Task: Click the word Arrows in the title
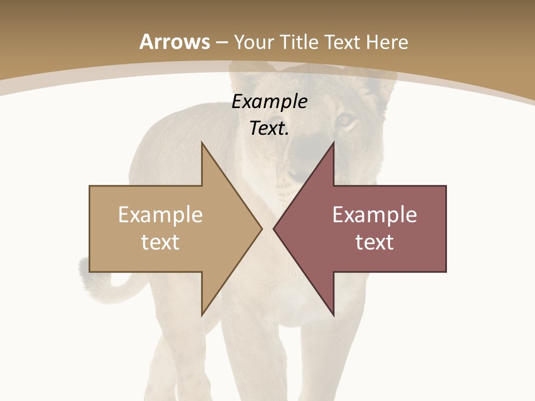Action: pyautogui.click(x=175, y=42)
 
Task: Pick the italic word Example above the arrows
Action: pyautogui.click(x=269, y=102)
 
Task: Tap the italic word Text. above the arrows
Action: pyautogui.click(x=269, y=129)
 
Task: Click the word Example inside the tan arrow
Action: pyautogui.click(x=160, y=215)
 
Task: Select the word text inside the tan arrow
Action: pyautogui.click(x=160, y=242)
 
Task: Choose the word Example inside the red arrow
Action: pyautogui.click(x=374, y=215)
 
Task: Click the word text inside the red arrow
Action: pyautogui.click(x=374, y=242)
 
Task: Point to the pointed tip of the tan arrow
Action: pyautogui.click(x=261, y=228)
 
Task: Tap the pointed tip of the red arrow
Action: pyautogui.click(x=274, y=228)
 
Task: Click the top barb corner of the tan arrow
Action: pyautogui.click(x=202, y=143)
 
